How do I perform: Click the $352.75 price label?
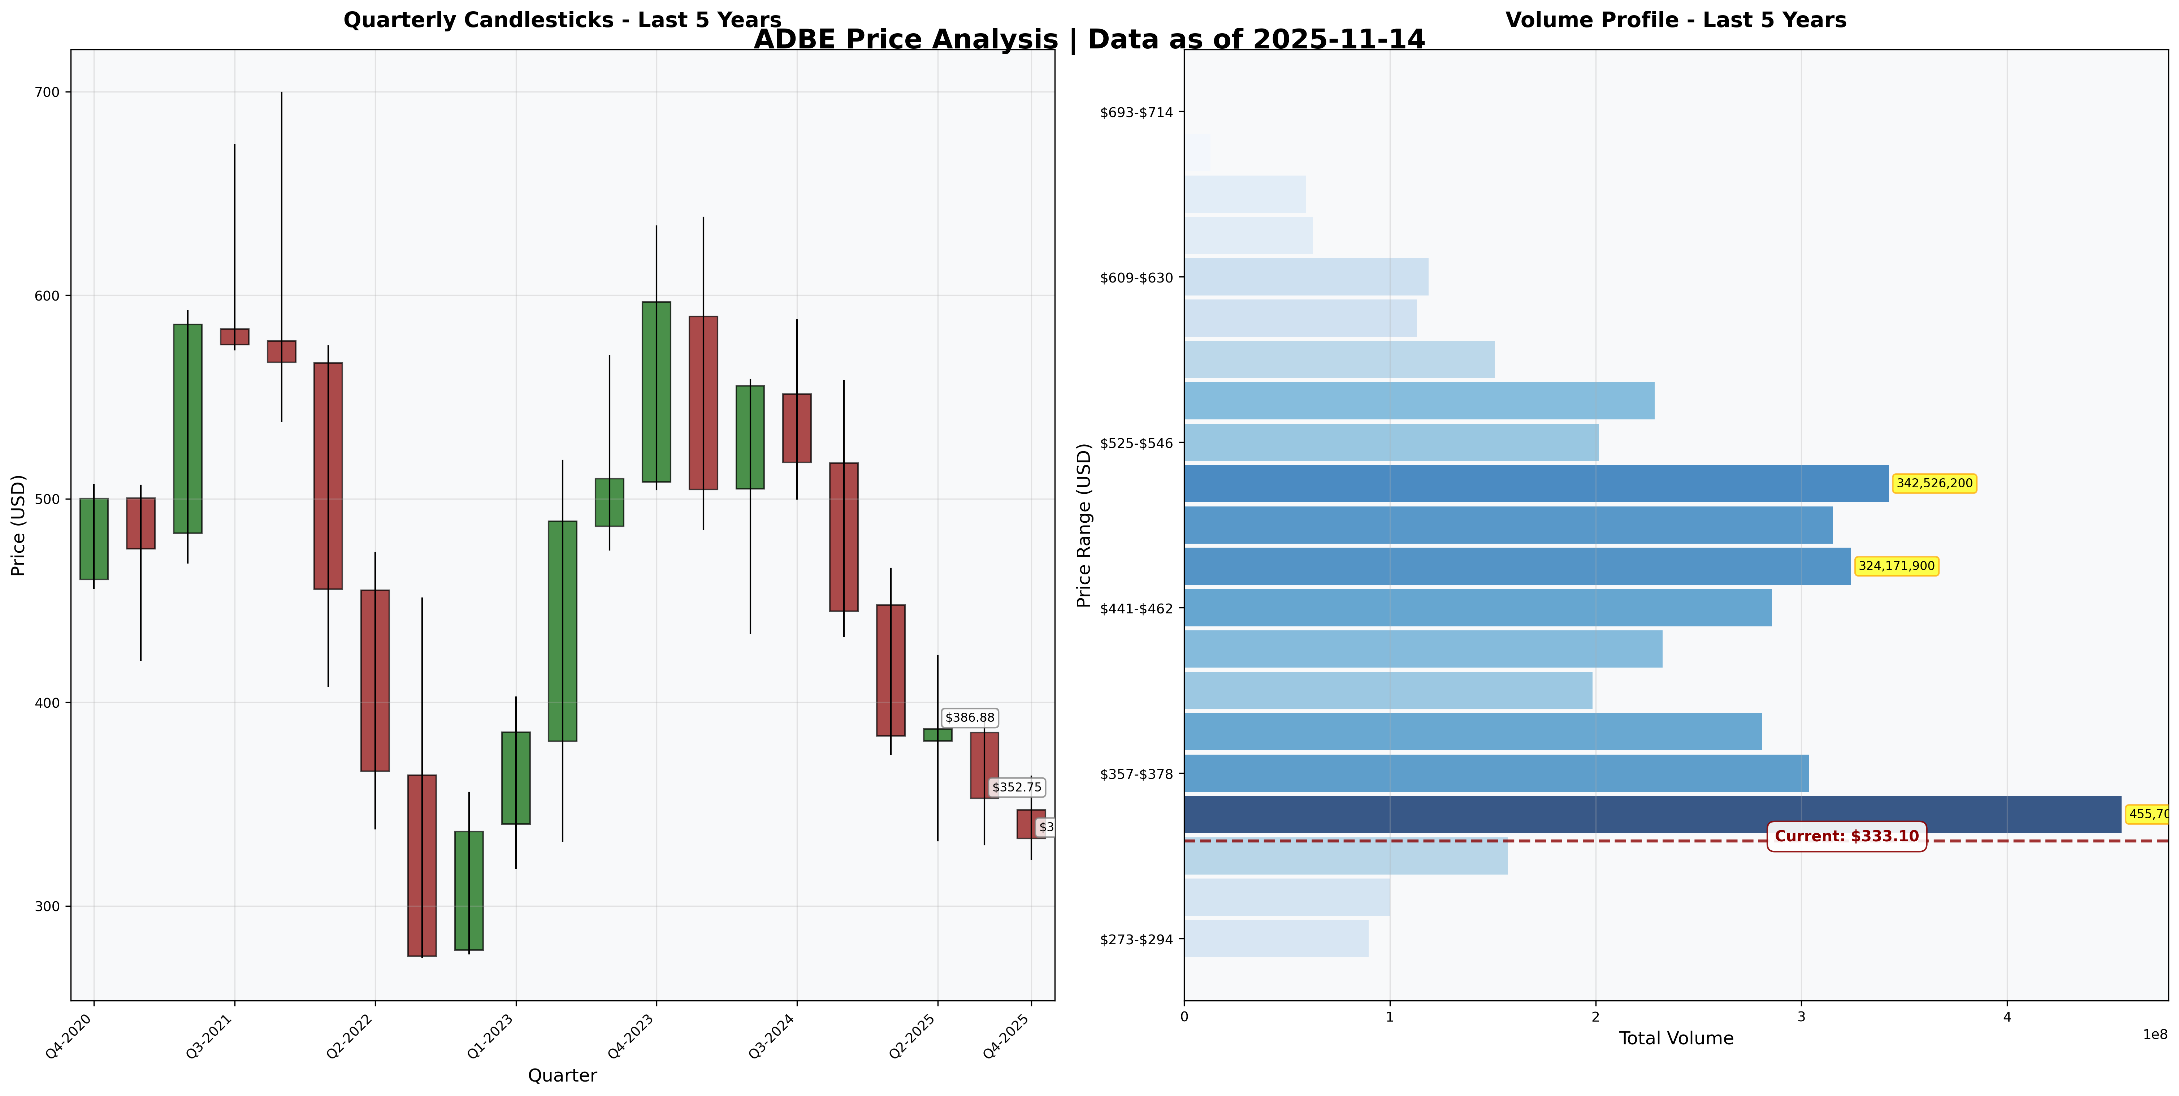click(1017, 787)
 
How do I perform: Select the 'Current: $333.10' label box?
click(1846, 836)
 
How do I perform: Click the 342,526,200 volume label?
click(1934, 483)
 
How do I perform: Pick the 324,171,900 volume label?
click(1897, 566)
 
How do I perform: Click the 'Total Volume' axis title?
click(1676, 1039)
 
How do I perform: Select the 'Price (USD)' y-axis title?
click(19, 525)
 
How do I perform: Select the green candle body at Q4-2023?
click(657, 392)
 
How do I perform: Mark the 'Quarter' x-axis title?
click(562, 1076)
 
